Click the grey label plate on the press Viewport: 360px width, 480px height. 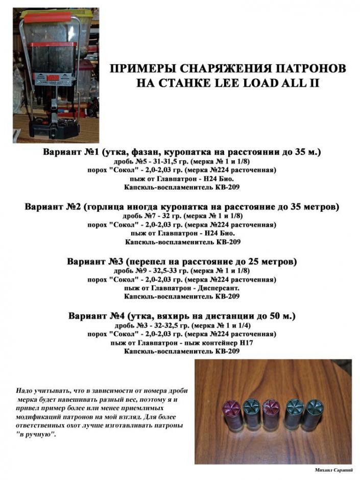pos(50,79)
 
